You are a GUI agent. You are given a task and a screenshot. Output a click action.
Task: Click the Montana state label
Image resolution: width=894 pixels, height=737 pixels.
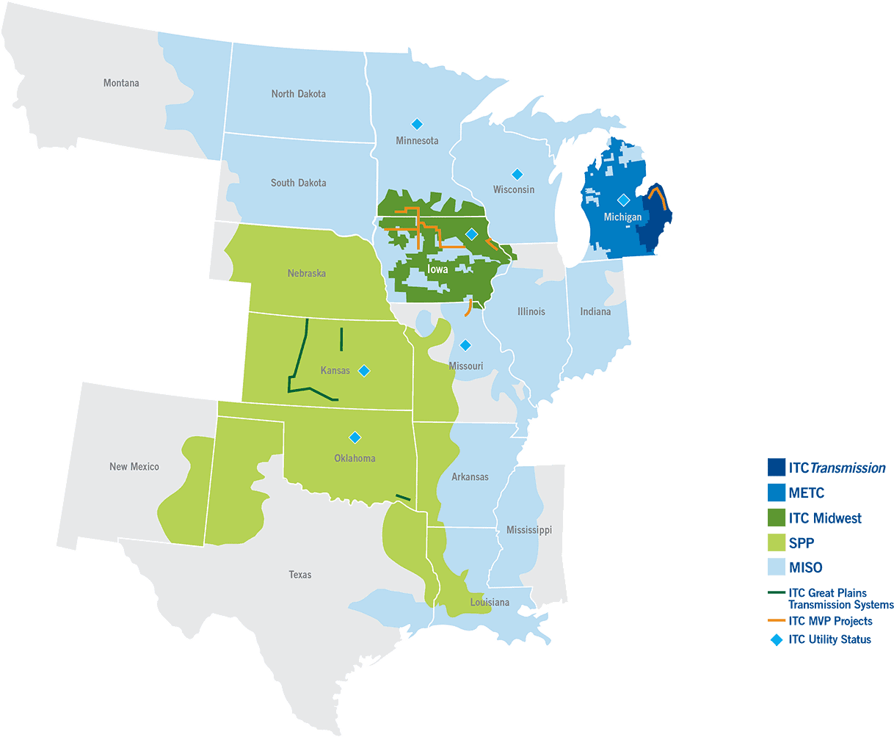[x=121, y=83]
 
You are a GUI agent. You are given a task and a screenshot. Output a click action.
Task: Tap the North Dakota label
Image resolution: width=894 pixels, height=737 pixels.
[x=298, y=94]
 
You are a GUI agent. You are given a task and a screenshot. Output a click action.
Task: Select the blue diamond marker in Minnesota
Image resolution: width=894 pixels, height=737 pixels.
[x=417, y=123]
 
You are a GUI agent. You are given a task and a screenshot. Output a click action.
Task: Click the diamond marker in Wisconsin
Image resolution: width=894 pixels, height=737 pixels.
[x=517, y=174]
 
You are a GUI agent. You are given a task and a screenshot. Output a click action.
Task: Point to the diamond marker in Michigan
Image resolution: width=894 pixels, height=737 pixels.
[x=623, y=200]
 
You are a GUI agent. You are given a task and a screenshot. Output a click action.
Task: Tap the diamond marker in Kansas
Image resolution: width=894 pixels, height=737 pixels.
[x=363, y=371]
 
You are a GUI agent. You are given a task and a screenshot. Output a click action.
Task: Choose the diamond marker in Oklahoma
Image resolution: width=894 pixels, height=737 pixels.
[x=355, y=438]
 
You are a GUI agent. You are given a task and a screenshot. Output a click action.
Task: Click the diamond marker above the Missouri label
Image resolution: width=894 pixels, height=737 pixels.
[x=465, y=345]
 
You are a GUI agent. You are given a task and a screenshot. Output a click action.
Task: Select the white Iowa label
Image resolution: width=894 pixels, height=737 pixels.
[x=437, y=269]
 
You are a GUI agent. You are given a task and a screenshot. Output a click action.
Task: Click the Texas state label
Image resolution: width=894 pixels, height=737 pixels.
[x=300, y=575]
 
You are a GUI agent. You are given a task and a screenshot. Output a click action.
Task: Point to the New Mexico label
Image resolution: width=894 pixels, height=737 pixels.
[x=134, y=467]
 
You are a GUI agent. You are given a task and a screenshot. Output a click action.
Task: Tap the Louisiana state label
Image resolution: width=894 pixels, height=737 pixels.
[x=490, y=603]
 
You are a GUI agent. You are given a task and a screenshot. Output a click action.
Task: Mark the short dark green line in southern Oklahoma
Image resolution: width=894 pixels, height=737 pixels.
[x=402, y=498]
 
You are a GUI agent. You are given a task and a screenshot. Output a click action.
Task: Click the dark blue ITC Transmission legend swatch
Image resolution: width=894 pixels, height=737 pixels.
[x=777, y=468]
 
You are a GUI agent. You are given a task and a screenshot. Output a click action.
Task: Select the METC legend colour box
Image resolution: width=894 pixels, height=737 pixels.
[x=777, y=493]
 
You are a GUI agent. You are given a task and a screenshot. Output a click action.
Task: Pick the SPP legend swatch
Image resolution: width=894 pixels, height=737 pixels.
[x=777, y=542]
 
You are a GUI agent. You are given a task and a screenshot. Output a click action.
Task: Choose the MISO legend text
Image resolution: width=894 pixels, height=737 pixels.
[x=805, y=567]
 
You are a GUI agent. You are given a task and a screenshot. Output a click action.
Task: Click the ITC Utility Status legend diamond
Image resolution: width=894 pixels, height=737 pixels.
[x=776, y=639]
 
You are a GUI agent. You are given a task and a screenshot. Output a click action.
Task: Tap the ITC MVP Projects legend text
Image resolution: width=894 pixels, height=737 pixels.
[x=830, y=621]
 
